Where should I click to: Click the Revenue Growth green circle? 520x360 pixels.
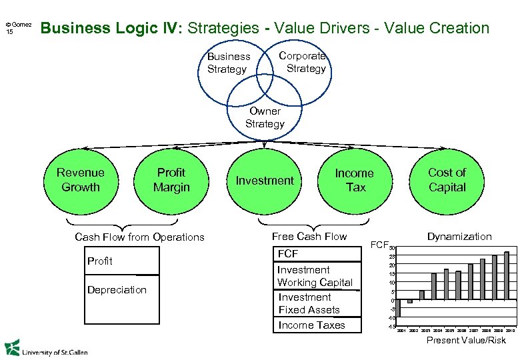point(81,180)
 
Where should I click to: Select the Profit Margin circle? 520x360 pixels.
point(171,180)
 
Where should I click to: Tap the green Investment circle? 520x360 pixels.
point(265,181)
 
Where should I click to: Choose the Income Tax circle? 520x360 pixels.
point(355,180)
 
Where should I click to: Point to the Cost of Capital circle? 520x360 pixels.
point(447,180)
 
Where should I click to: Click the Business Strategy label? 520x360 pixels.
point(228,63)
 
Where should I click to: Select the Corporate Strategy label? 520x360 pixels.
point(304,62)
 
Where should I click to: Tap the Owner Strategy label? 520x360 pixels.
point(265,117)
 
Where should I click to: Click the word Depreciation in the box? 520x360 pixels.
point(117,289)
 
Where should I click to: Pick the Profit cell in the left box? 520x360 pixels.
point(100,261)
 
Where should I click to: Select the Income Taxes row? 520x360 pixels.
point(311,325)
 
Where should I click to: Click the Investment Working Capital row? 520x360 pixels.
point(315,276)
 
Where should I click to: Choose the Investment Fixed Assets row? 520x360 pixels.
point(309,303)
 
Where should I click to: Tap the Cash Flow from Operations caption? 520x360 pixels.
point(139,237)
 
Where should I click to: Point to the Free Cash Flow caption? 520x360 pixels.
point(309,236)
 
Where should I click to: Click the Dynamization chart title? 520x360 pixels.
point(459,236)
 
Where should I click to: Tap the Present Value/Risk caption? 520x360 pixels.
point(466,340)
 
